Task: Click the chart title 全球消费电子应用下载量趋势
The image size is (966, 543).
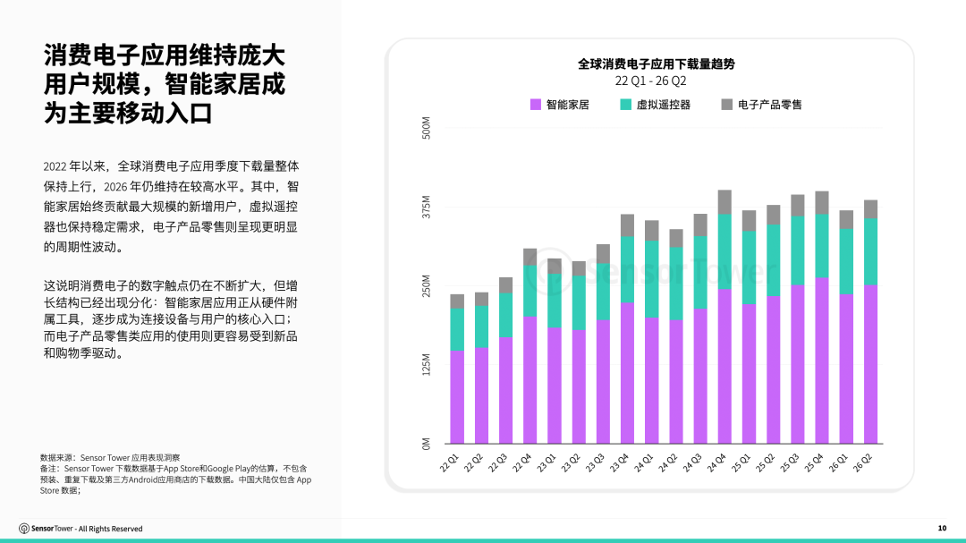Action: [x=657, y=64]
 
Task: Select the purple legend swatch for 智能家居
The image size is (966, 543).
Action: [x=536, y=105]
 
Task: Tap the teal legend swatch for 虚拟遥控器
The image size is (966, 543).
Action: [x=625, y=105]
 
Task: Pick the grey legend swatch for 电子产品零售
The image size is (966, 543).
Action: [x=727, y=105]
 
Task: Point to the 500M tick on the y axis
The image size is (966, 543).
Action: [x=427, y=128]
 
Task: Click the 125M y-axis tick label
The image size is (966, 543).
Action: [x=427, y=364]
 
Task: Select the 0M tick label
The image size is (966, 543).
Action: [x=427, y=443]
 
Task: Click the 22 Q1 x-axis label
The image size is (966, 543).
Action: [x=450, y=462]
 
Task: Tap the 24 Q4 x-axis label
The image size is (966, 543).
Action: [x=716, y=462]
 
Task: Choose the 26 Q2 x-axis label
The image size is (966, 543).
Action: [x=862, y=462]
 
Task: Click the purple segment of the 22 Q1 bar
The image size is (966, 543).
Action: [x=457, y=397]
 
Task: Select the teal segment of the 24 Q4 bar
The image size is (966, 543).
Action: [x=724, y=251]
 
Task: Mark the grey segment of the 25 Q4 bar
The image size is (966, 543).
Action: [x=822, y=203]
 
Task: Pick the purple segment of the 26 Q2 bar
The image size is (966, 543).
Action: [x=870, y=364]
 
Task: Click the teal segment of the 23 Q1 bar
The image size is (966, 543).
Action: [x=555, y=301]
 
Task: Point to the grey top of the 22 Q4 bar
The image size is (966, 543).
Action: [x=530, y=257]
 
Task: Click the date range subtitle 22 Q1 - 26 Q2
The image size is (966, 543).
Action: [x=650, y=81]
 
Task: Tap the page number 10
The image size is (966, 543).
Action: [x=942, y=528]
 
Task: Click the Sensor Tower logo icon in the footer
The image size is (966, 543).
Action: [x=24, y=529]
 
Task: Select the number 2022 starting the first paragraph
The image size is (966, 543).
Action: [x=55, y=166]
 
